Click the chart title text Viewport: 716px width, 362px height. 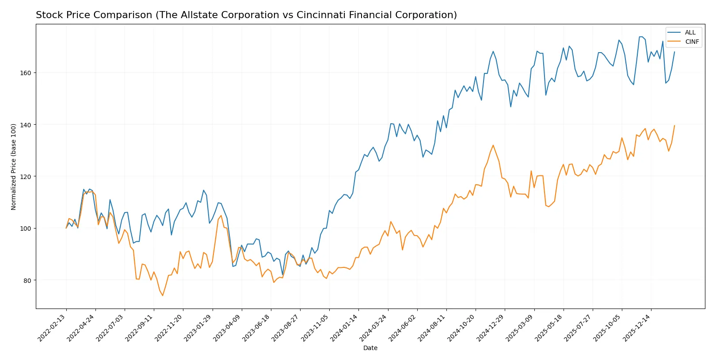coord(246,15)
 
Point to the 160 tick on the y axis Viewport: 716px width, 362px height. coord(26,73)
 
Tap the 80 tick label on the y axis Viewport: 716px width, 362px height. coord(27,281)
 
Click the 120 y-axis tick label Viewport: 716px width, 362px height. coord(26,177)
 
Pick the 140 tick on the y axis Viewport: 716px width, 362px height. coord(26,125)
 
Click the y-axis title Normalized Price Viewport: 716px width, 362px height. coord(14,167)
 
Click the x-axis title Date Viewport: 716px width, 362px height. coord(370,348)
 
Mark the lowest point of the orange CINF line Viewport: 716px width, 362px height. coord(163,296)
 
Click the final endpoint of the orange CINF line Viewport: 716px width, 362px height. coord(674,126)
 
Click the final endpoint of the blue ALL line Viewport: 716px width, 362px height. coord(674,52)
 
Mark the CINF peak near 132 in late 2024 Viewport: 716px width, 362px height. coord(493,145)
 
